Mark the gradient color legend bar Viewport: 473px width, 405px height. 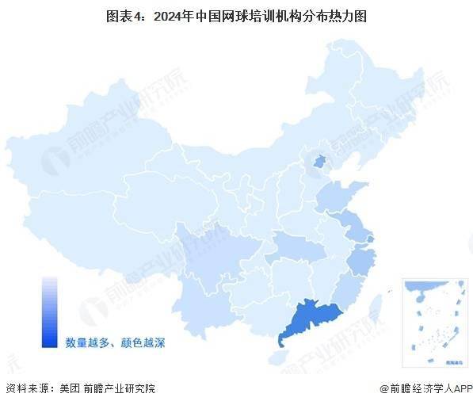[x=50, y=312]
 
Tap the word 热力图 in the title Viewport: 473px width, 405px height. [x=349, y=16]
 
